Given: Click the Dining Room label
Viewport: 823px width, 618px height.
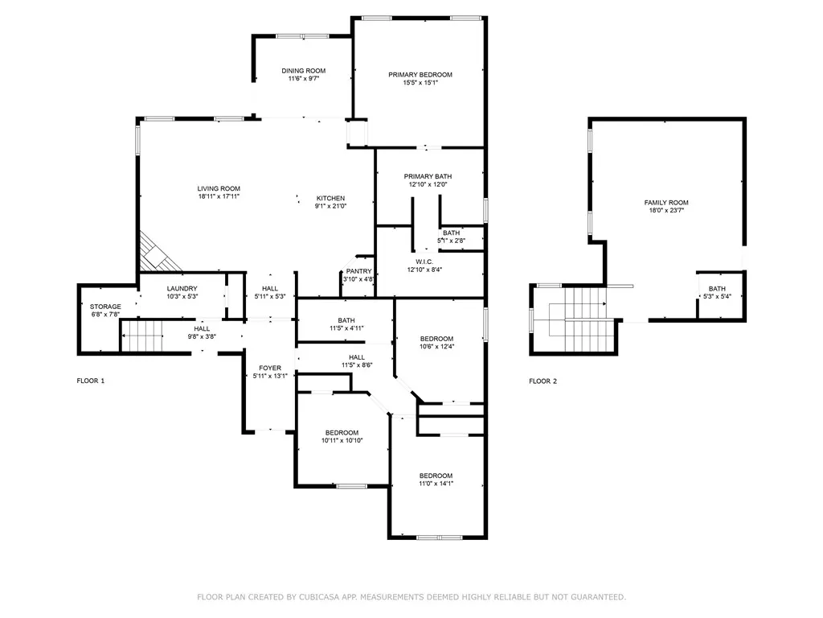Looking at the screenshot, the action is point(303,71).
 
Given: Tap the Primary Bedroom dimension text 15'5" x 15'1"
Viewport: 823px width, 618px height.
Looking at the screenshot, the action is point(420,83).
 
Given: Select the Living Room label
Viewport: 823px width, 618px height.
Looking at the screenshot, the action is point(219,188).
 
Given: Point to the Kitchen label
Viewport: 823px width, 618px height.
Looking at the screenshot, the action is point(330,198).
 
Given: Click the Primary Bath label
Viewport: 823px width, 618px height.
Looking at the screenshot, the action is point(428,176).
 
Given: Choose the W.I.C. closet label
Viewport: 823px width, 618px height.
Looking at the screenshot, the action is point(424,262).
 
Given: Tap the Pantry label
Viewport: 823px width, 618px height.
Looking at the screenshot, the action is point(359,271).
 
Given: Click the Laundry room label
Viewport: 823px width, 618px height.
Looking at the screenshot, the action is point(182,289).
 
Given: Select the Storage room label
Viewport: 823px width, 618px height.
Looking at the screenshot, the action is point(105,307).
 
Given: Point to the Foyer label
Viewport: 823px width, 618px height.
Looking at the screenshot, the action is point(270,368).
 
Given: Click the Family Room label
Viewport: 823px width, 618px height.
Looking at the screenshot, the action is point(666,202).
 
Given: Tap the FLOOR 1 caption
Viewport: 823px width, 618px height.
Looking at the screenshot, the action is point(91,381).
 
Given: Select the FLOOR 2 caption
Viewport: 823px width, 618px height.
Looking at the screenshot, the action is point(543,381).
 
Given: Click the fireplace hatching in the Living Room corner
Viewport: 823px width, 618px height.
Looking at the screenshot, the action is point(157,255).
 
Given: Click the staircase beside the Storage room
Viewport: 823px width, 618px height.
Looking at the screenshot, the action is point(141,336).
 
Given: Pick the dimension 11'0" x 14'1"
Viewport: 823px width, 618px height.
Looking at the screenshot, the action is point(436,484).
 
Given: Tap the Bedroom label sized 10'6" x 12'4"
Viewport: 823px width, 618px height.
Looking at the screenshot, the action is point(436,339).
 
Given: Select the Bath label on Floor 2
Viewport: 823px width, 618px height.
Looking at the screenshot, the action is point(717,289).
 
